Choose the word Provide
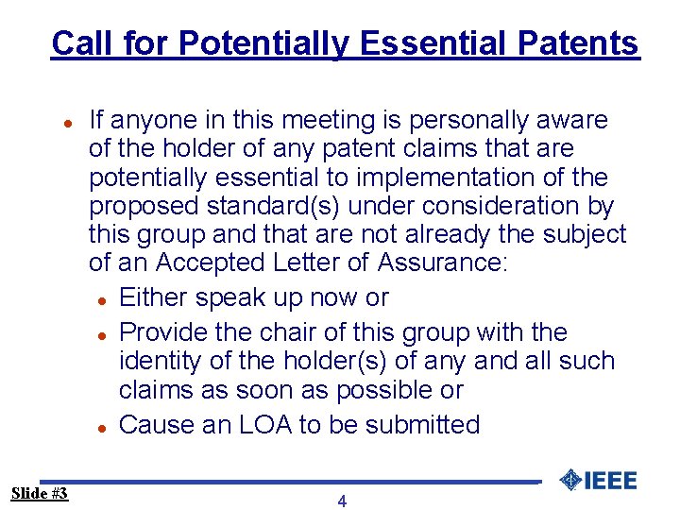pyautogui.click(x=160, y=332)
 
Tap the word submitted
pyautogui.click(x=423, y=425)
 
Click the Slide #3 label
pyautogui.click(x=40, y=493)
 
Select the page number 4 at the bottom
pyautogui.click(x=342, y=501)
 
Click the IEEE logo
pyautogui.click(x=598, y=480)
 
